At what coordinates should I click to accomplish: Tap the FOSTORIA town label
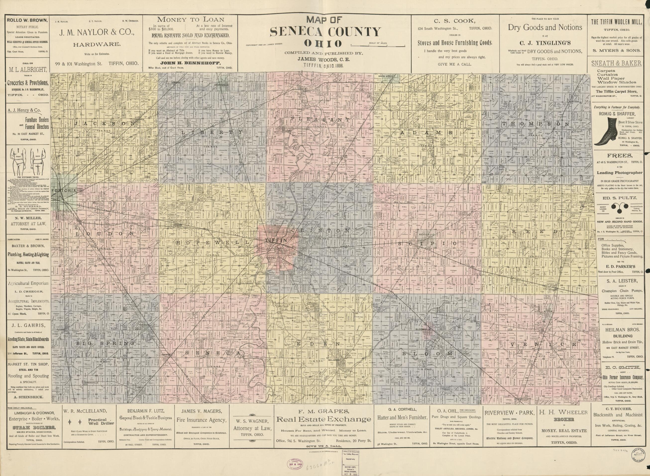64,191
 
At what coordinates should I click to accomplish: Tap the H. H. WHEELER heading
564,413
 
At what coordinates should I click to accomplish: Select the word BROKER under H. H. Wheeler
564,420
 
